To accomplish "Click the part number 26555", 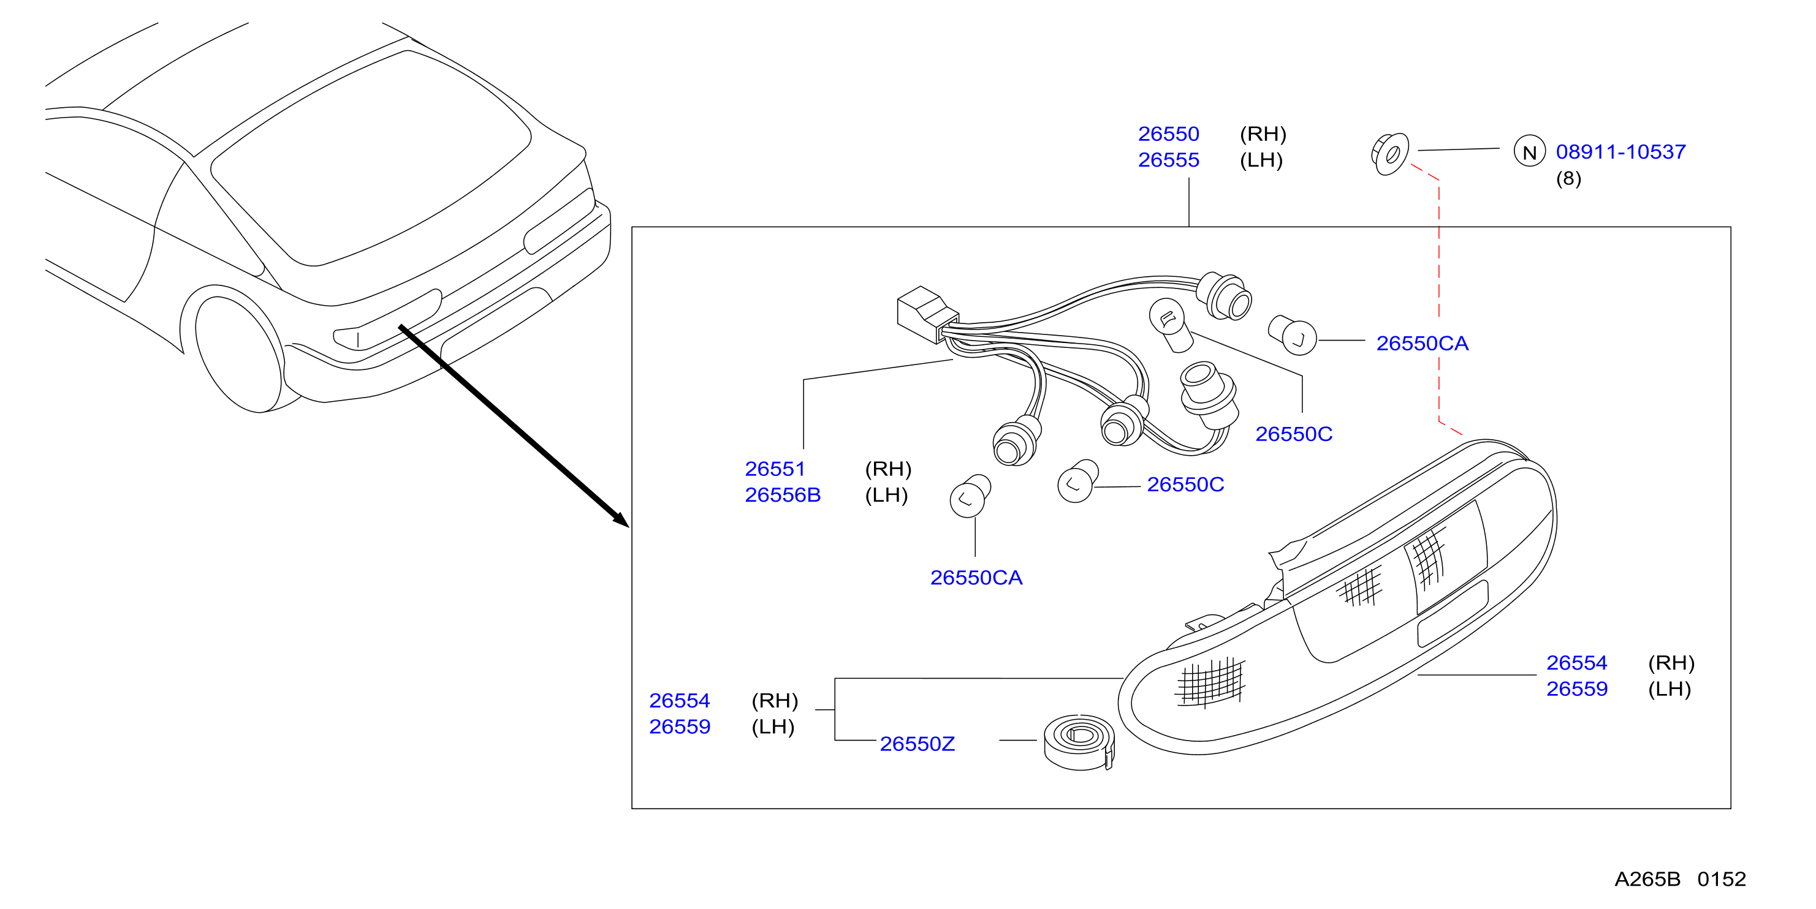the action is (x=1168, y=160).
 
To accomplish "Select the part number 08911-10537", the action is (x=1620, y=151).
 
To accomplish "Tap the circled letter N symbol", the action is (x=1529, y=151).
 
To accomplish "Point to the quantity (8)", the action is (x=1568, y=178).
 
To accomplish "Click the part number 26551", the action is (x=775, y=469).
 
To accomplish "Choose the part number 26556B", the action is (x=783, y=495).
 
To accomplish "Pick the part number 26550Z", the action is (x=917, y=744).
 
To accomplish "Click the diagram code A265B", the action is (x=1647, y=879).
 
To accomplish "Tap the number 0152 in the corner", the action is (x=1721, y=879).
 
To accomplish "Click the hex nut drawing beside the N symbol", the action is (x=1389, y=154).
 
